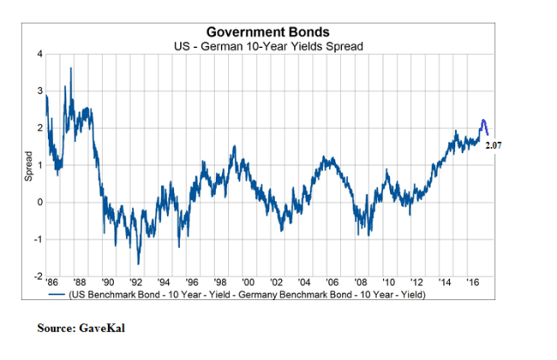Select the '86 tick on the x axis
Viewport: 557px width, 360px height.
(x=52, y=283)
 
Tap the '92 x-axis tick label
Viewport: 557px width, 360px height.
(x=137, y=283)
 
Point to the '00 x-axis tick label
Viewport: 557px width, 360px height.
(x=248, y=283)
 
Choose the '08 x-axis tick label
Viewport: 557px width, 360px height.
(x=360, y=283)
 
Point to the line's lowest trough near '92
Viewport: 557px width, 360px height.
(x=138, y=263)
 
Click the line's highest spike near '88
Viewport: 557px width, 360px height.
(x=70, y=68)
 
